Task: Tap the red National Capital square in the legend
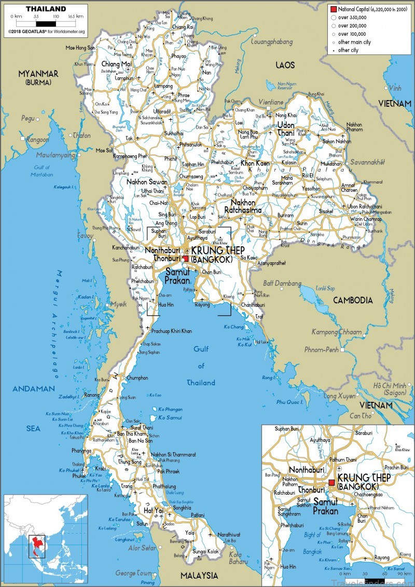click(x=334, y=9)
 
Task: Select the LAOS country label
click(x=285, y=65)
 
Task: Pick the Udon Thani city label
click(x=286, y=129)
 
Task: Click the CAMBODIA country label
click(x=353, y=300)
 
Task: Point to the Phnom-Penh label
click(x=322, y=350)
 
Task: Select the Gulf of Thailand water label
click(x=201, y=366)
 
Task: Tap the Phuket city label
click(x=79, y=475)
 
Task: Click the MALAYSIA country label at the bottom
click(x=199, y=576)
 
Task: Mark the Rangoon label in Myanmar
click(x=37, y=139)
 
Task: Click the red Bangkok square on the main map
click(x=185, y=258)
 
